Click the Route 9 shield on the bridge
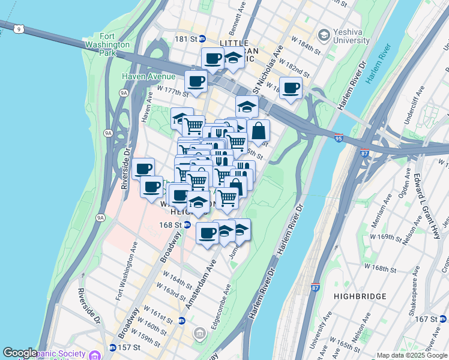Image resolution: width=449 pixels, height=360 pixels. pos(20,28)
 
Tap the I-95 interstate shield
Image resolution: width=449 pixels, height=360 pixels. pos(338,137)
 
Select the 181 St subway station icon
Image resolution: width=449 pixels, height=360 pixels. pos(203,38)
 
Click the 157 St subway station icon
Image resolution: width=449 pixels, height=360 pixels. pos(112,347)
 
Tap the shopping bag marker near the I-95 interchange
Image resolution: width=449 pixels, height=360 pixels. pos(258,130)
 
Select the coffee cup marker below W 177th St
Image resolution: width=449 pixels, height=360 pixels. pos(196,81)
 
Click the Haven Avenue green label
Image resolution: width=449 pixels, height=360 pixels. pos(148,76)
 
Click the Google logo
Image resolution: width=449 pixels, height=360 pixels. pos(20,353)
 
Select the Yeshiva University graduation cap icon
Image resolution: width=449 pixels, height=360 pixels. pos(325,35)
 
